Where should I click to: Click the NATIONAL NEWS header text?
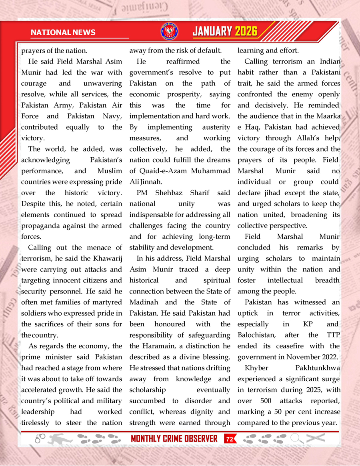pyautogui.click(x=63, y=32)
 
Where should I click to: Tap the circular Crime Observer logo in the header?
pyautogui.click(x=168, y=32)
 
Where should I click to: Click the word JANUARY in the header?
pyautogui.click(x=212, y=32)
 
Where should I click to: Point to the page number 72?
pyautogui.click(x=230, y=439)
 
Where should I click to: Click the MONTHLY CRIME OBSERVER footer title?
pyautogui.click(x=174, y=439)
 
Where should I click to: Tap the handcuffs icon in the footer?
pyautogui.click(x=40, y=439)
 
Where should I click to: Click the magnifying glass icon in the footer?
pyautogui.click(x=296, y=438)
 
